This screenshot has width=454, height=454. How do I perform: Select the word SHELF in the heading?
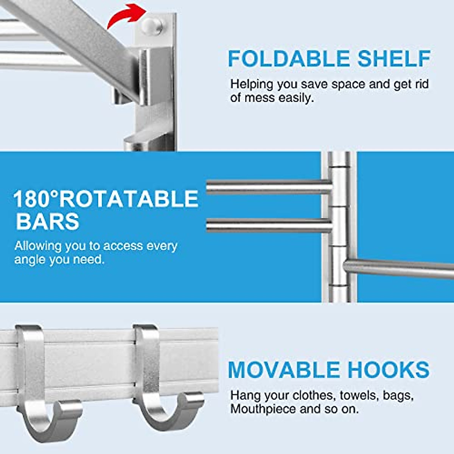[x=394, y=59]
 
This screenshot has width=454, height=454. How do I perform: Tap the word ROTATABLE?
[x=129, y=199]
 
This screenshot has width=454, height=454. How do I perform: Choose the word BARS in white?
[x=47, y=222]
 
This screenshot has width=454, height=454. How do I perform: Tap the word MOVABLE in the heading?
[x=284, y=370]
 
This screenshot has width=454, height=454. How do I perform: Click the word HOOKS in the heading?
[x=389, y=370]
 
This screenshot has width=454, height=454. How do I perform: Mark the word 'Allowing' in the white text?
[x=38, y=246]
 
